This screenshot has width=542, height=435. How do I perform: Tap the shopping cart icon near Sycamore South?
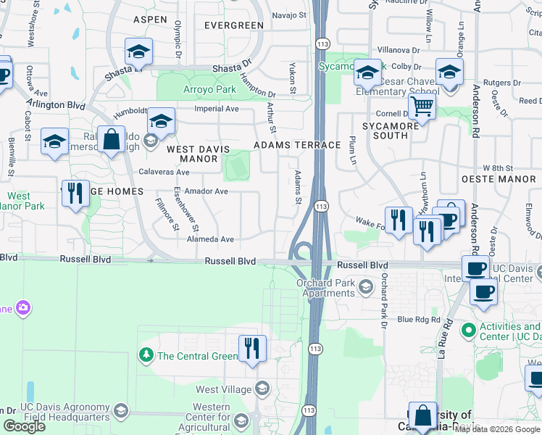(422, 107)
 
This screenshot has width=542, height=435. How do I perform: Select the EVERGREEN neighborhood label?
(233, 25)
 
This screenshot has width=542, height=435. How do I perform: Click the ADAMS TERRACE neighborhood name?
(297, 145)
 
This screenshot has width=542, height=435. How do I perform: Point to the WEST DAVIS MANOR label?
(192, 153)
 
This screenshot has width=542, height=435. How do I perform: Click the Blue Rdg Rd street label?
(418, 320)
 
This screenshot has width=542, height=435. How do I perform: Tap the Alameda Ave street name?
(210, 239)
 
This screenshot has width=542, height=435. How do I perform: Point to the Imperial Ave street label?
(216, 109)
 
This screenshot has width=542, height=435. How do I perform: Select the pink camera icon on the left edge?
(23, 309)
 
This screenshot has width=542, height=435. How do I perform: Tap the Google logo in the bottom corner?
(24, 426)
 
